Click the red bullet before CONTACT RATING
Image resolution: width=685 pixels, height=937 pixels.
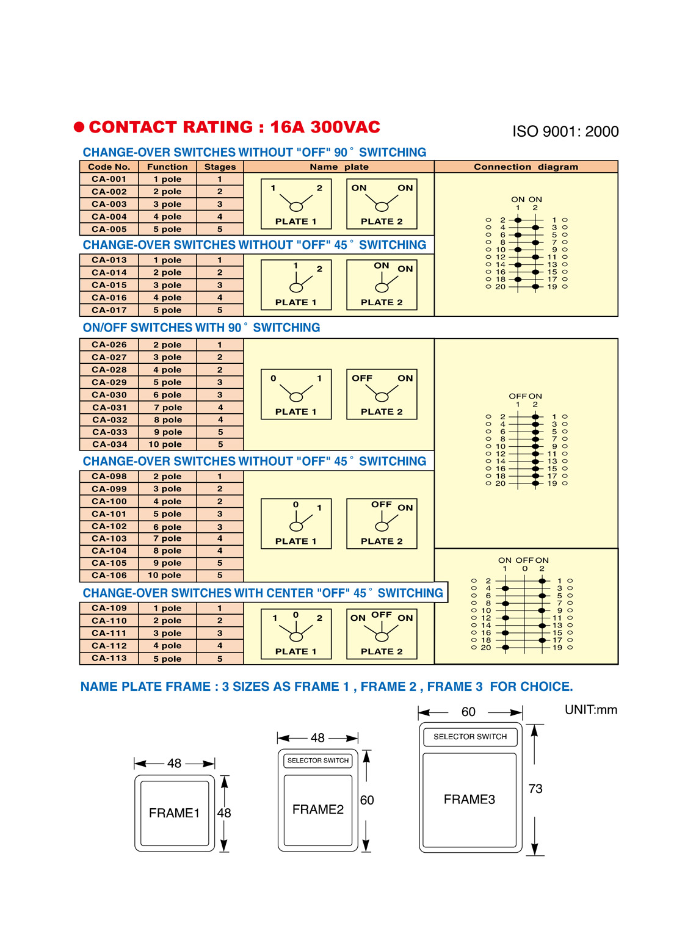click(79, 127)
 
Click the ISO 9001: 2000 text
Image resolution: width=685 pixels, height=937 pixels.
click(565, 131)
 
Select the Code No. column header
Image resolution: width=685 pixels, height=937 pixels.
click(109, 167)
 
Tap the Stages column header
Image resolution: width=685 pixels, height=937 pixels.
click(220, 167)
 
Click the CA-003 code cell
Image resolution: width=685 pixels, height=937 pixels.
click(109, 204)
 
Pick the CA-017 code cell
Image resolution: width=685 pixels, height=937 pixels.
click(109, 310)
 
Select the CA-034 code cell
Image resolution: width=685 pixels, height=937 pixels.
click(110, 444)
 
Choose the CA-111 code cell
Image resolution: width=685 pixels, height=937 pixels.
click(109, 633)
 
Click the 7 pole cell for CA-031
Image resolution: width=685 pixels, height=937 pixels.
click(167, 407)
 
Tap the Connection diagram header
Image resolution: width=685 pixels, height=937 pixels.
click(526, 167)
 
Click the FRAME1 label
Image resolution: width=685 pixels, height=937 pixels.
click(174, 812)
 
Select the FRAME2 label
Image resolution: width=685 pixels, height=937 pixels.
click(317, 809)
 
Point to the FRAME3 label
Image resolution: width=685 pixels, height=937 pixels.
click(469, 800)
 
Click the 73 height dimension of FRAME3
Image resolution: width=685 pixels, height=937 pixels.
click(535, 789)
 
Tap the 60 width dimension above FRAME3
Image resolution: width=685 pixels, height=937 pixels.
click(468, 712)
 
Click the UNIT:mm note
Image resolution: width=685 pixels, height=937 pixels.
click(591, 709)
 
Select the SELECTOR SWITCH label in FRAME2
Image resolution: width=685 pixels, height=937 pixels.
click(317, 761)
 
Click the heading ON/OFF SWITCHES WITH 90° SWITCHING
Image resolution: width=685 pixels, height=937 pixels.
click(201, 328)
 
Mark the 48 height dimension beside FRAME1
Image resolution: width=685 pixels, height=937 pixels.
click(224, 812)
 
